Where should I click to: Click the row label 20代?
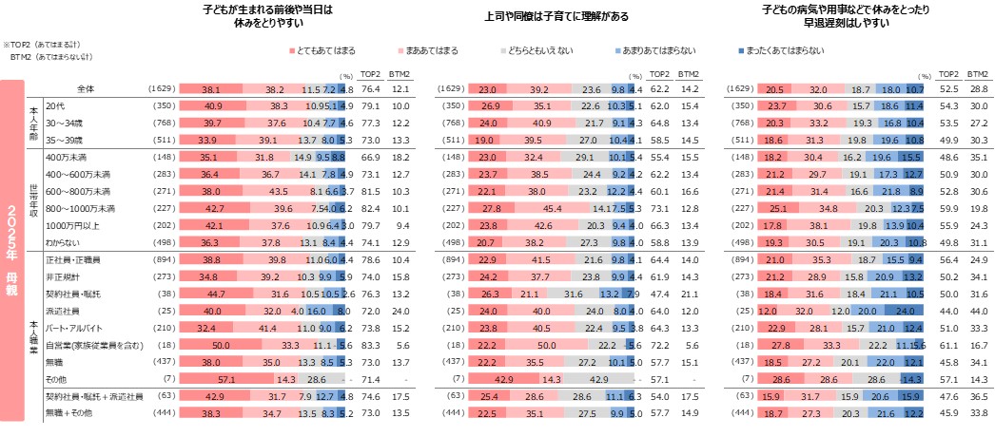(55, 105)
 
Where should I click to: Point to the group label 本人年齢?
(34, 123)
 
